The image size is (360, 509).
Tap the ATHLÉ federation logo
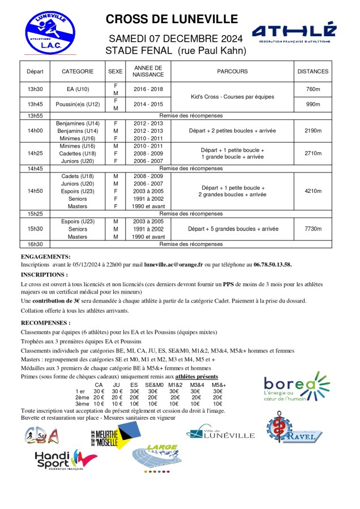click(x=294, y=34)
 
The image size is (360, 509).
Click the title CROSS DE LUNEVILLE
click(x=172, y=19)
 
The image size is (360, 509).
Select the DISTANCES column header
click(x=312, y=72)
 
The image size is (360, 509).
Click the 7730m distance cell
click(x=312, y=229)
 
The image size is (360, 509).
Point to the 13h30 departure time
click(x=35, y=89)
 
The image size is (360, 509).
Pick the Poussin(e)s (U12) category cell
click(x=78, y=105)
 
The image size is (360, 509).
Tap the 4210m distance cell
click(x=312, y=191)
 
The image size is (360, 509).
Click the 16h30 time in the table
click(x=35, y=244)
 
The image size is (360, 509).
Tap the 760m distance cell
click(x=312, y=89)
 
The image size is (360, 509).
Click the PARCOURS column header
click(x=232, y=72)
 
